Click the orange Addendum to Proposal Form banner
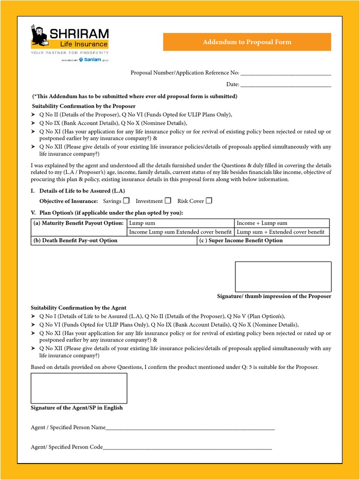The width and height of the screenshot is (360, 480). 247,42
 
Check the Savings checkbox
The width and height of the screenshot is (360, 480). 126,201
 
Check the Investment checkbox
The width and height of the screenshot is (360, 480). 168,201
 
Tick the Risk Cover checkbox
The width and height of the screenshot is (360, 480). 209,201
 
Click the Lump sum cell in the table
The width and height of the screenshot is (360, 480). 180,223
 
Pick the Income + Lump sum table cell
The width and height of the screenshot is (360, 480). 282,223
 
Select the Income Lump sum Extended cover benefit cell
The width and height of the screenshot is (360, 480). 180,232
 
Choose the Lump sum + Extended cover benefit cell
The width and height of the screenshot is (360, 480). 282,232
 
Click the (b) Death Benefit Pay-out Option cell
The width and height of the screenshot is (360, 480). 114,240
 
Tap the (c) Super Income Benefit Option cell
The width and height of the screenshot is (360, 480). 263,240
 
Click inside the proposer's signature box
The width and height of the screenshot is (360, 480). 283,277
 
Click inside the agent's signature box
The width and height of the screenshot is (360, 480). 79,388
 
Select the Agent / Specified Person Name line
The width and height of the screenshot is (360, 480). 190,428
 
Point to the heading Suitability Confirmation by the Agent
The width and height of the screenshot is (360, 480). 78,308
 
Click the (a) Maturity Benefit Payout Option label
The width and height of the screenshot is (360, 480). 79,223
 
